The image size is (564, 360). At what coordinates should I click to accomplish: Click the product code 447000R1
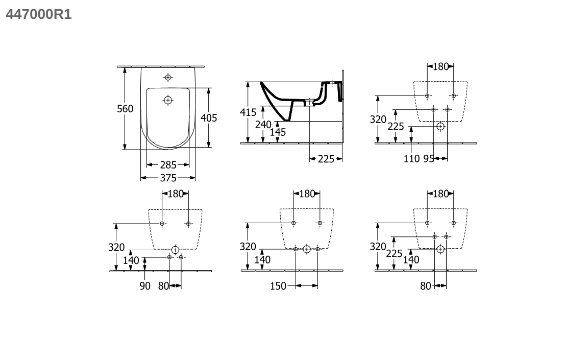click(39, 14)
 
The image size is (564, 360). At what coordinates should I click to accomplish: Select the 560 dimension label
click(125, 109)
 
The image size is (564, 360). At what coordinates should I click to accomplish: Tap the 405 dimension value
click(209, 118)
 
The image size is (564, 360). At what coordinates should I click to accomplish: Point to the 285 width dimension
click(168, 165)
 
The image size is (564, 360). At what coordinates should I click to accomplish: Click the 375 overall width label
click(168, 178)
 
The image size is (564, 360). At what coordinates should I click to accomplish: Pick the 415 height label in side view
click(248, 112)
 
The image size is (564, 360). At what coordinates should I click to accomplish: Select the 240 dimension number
click(263, 125)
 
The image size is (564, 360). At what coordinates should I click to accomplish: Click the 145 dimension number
click(278, 132)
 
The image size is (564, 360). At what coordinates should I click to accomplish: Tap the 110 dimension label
click(411, 158)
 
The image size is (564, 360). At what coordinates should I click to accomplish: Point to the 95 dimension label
click(428, 158)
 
